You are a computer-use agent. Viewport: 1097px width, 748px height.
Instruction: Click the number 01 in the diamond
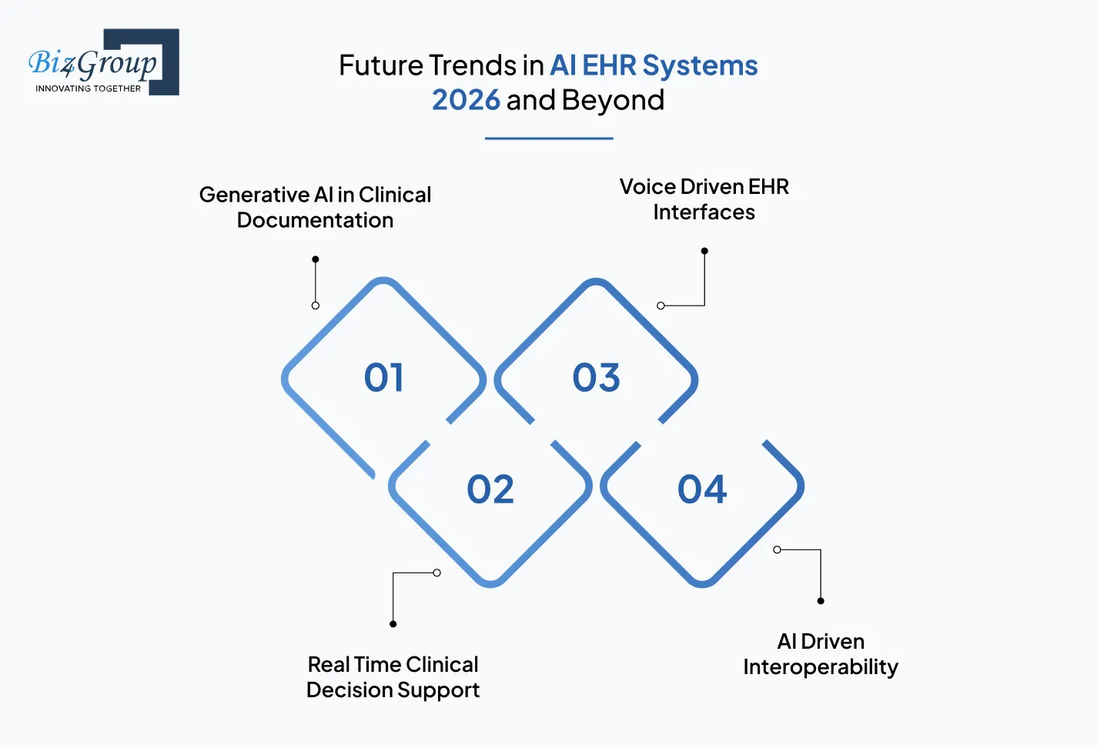pyautogui.click(x=383, y=378)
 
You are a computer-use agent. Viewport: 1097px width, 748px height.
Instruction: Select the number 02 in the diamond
pyautogui.click(x=490, y=489)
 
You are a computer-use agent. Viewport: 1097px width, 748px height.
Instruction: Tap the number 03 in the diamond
pyautogui.click(x=596, y=378)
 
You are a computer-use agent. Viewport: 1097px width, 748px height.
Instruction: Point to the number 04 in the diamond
pyautogui.click(x=702, y=489)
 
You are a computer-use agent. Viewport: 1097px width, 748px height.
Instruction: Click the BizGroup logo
pyautogui.click(x=103, y=62)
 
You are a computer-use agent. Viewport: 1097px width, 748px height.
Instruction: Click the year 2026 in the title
pyautogui.click(x=466, y=100)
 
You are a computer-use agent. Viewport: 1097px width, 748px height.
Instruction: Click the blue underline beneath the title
pyautogui.click(x=549, y=139)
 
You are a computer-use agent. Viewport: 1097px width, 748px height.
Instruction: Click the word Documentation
pyautogui.click(x=315, y=220)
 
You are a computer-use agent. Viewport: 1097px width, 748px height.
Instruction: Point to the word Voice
pyautogui.click(x=647, y=187)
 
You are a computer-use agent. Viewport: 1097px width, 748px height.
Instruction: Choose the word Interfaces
pyautogui.click(x=704, y=212)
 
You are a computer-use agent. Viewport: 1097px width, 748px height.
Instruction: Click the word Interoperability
pyautogui.click(x=821, y=667)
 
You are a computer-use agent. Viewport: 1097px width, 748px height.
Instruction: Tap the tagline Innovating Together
pyautogui.click(x=88, y=88)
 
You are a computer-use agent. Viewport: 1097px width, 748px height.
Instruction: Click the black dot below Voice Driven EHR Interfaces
pyautogui.click(x=704, y=251)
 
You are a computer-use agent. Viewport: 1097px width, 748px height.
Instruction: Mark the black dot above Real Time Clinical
pyautogui.click(x=393, y=624)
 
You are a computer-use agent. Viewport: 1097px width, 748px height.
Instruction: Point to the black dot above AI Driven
pyautogui.click(x=821, y=601)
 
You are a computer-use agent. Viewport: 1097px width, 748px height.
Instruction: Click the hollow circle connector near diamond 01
pyautogui.click(x=316, y=306)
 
